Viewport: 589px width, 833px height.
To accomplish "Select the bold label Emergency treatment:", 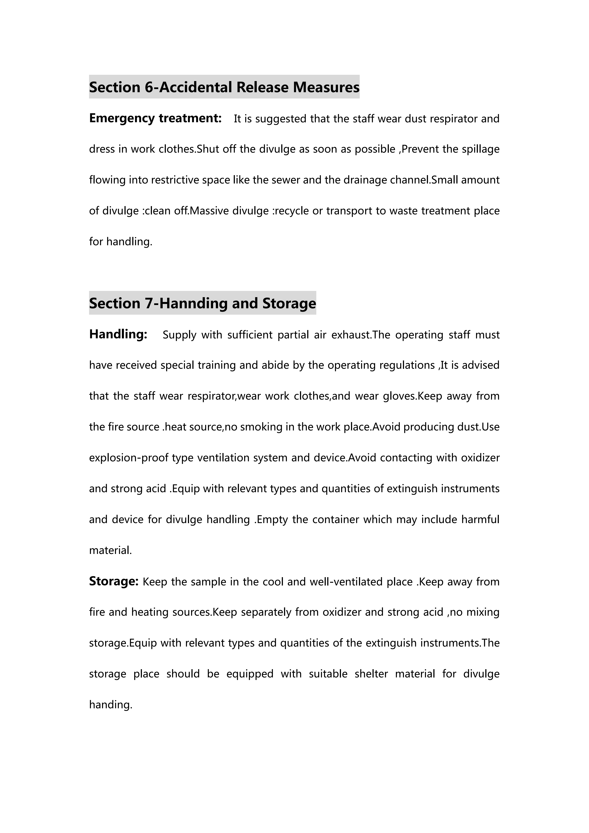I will click(x=155, y=118).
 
